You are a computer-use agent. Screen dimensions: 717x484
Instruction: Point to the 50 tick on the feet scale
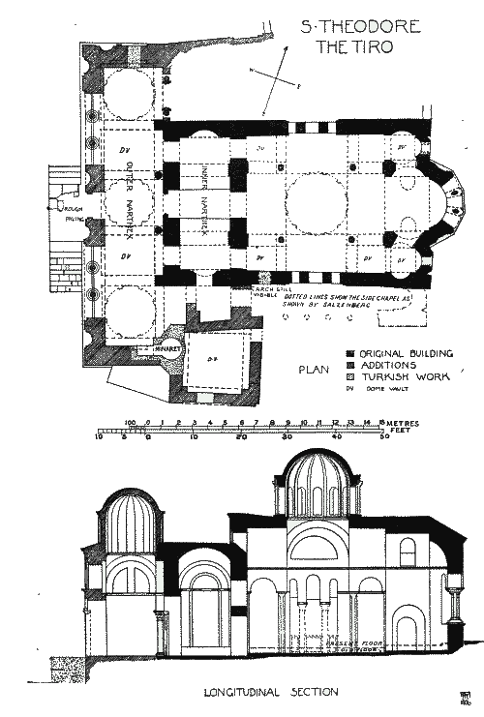point(384,436)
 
